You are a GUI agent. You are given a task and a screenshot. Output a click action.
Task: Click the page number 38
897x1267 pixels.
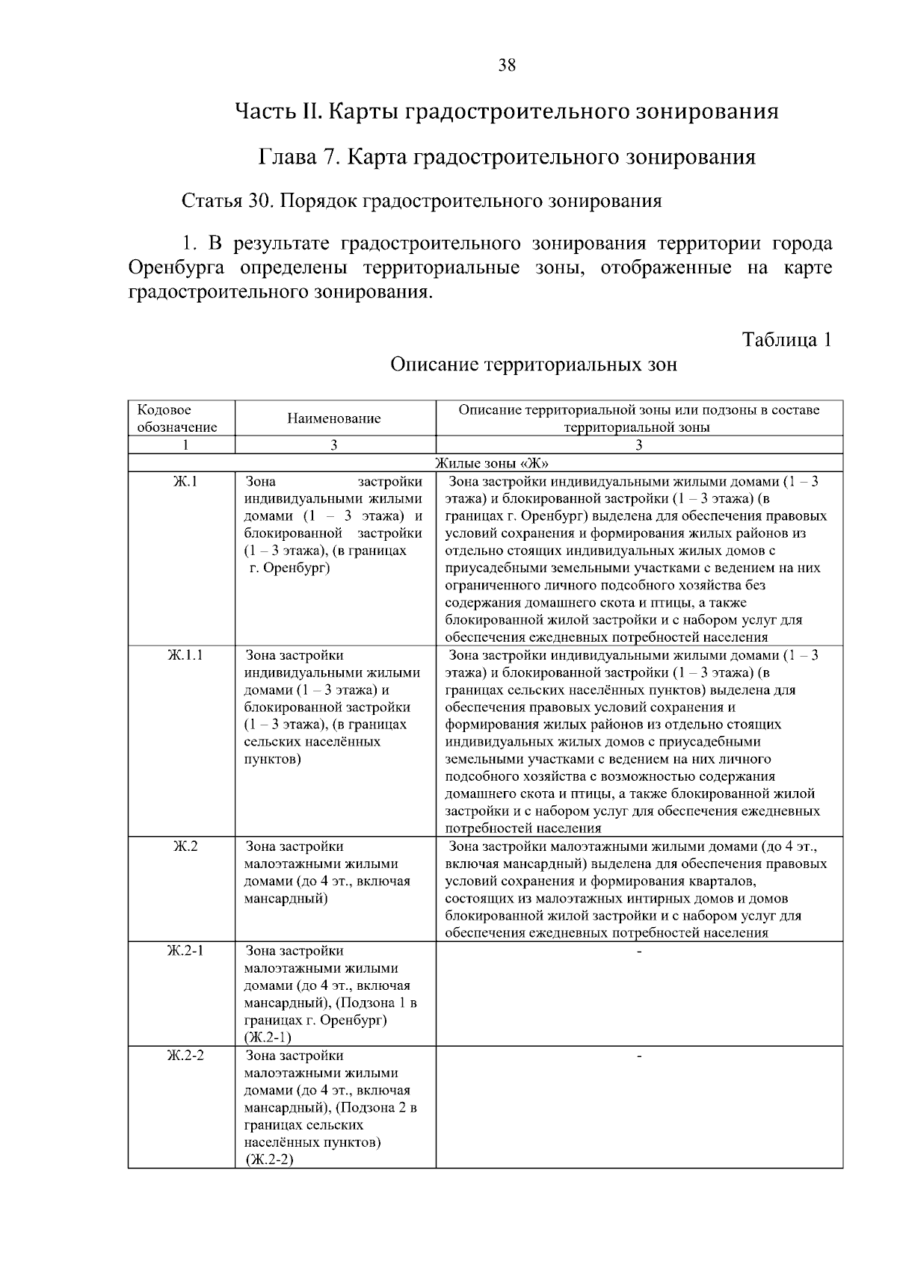(507, 66)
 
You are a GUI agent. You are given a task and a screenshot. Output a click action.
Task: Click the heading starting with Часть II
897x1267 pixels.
(507, 112)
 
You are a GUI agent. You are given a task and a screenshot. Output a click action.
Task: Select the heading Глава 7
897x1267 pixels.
(507, 158)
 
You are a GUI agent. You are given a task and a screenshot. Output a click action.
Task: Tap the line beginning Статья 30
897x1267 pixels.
(422, 201)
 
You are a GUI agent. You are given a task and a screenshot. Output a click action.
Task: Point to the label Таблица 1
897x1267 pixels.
(786, 340)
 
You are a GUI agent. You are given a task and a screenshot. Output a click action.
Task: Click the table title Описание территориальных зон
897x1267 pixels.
(534, 365)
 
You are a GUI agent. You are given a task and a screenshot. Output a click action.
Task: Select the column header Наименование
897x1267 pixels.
(334, 418)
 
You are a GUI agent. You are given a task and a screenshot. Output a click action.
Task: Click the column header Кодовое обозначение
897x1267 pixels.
(176, 418)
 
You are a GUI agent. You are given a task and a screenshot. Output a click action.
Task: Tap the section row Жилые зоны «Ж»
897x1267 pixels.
(487, 463)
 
